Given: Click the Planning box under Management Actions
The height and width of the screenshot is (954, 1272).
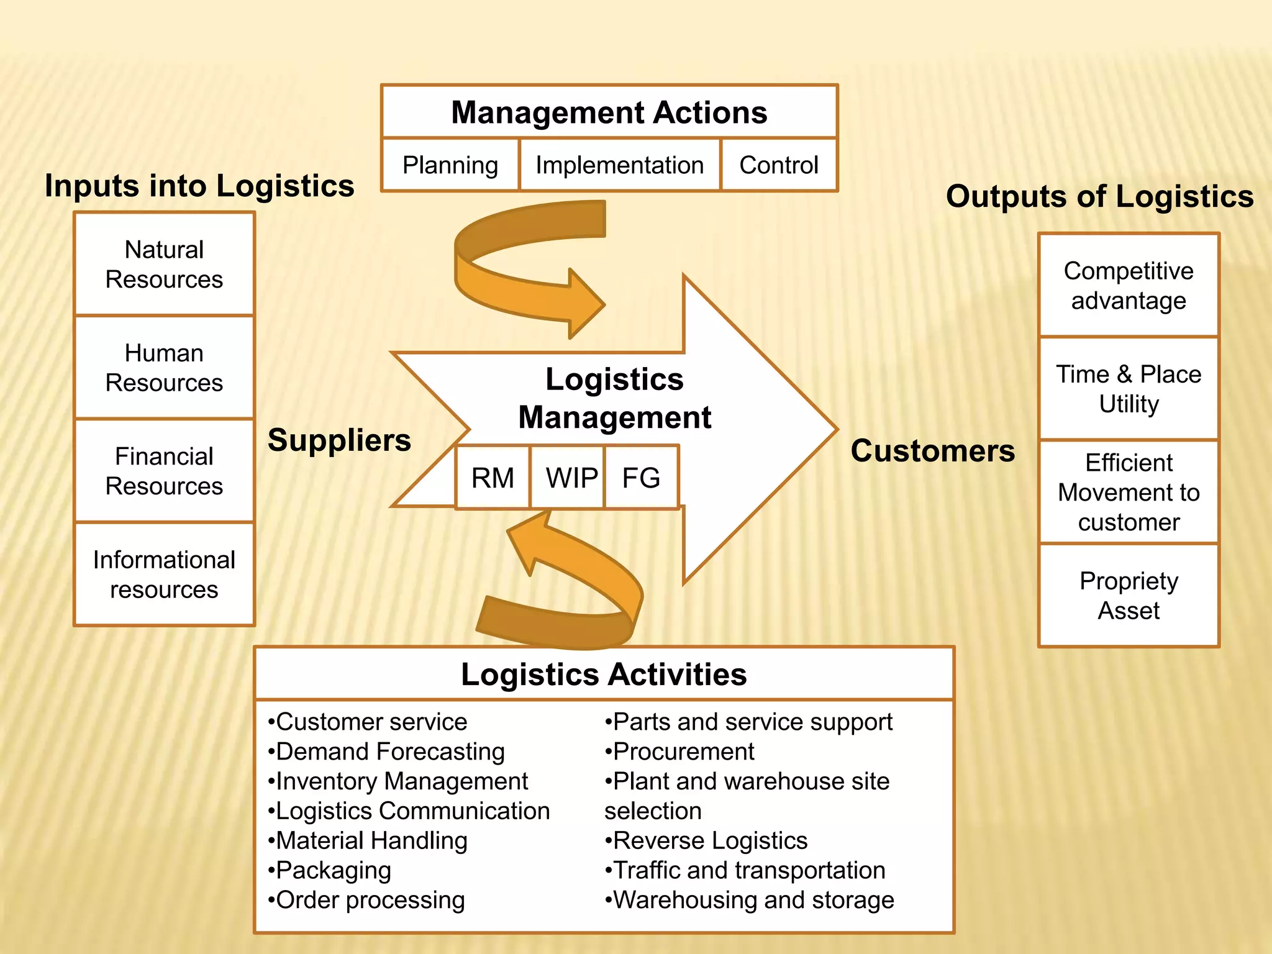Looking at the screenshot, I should [450, 165].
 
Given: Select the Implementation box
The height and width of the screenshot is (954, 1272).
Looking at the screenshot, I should [619, 165].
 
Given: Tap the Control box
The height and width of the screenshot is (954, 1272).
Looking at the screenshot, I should [778, 165].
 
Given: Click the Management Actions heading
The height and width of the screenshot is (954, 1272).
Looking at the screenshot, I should [609, 112].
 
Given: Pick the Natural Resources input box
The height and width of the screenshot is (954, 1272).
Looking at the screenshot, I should [164, 264].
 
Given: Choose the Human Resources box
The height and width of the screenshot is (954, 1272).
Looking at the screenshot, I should [164, 368].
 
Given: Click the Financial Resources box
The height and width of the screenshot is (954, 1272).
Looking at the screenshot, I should [164, 471].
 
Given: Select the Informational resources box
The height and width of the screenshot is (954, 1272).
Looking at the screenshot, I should [164, 575].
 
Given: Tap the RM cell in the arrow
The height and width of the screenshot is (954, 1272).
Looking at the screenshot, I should [493, 478].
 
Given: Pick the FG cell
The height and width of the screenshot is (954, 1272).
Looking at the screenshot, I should [641, 478].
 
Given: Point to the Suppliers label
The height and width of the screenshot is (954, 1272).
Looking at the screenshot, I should [339, 440].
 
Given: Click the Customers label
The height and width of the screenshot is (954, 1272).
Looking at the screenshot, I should [932, 450].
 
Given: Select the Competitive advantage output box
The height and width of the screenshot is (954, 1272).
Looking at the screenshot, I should [1129, 286].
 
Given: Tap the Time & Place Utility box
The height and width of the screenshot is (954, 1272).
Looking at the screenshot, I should [1129, 389].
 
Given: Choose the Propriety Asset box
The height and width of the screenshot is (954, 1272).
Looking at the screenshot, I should [1129, 595].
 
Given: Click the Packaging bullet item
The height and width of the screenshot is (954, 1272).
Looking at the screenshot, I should [333, 870].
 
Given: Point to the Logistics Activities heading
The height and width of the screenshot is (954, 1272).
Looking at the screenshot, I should [604, 674].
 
